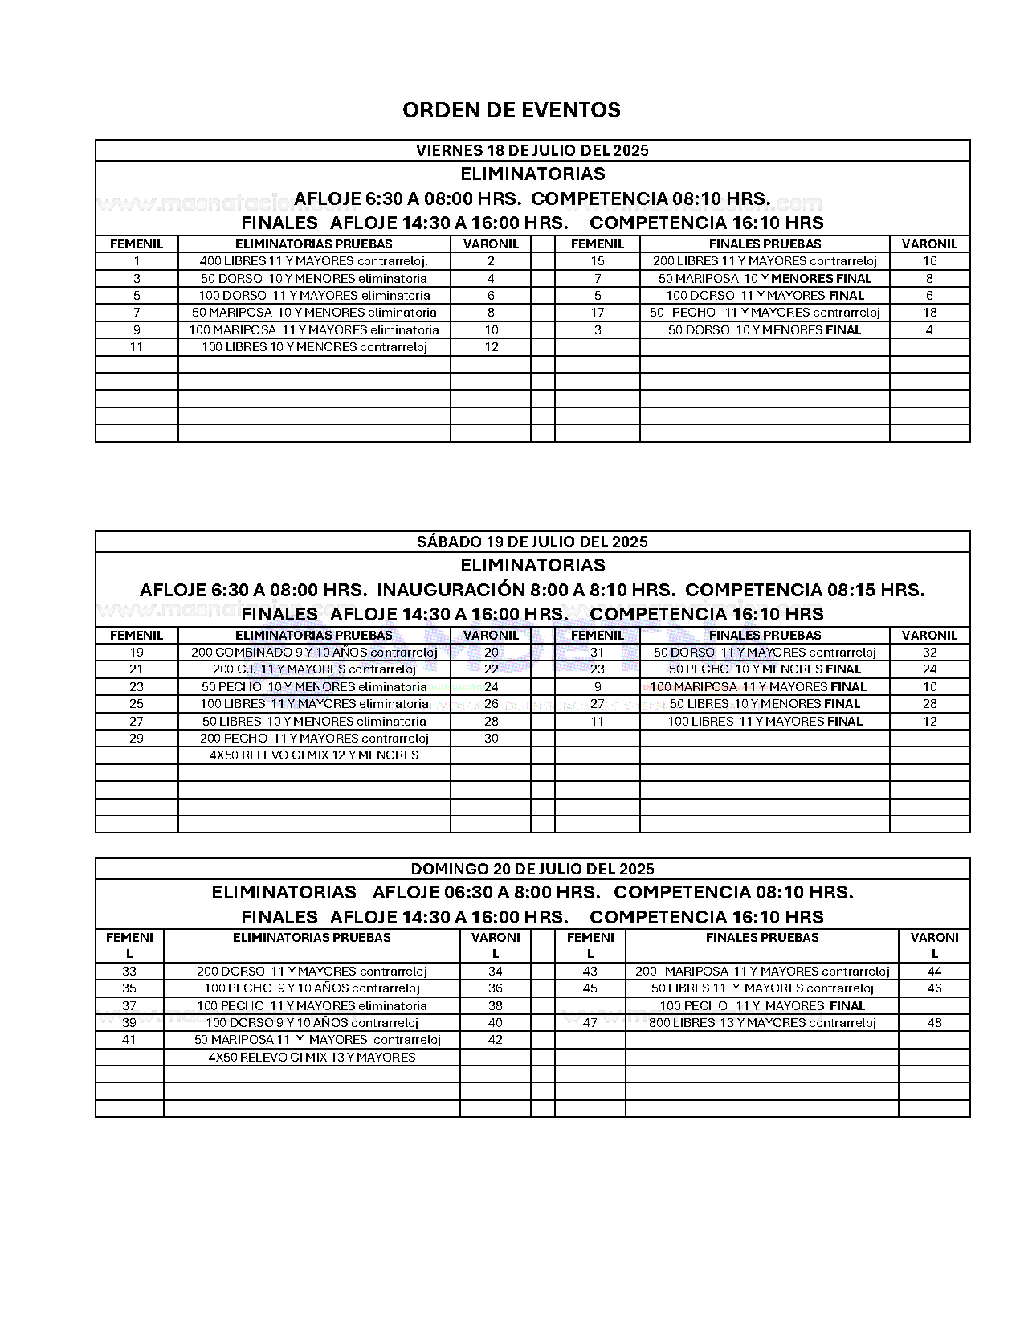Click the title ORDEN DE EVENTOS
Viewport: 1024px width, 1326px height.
tap(512, 110)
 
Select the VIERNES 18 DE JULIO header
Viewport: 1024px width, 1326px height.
tap(532, 150)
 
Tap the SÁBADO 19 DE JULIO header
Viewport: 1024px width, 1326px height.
tap(532, 542)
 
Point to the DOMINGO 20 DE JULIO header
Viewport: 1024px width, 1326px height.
tap(532, 869)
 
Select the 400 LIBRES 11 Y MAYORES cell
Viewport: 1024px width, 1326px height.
tap(314, 261)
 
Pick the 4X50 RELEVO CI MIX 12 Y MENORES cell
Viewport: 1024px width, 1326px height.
tap(314, 755)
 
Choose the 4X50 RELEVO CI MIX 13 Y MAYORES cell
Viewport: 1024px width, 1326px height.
tap(312, 1058)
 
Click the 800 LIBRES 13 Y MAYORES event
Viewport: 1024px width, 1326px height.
tap(761, 1023)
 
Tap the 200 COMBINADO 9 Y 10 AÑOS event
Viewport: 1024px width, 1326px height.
tap(314, 653)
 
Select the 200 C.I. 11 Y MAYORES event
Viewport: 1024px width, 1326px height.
tap(314, 669)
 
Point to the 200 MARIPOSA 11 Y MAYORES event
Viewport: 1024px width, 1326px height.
tap(761, 972)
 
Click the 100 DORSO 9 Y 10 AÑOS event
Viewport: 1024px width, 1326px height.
tap(312, 1023)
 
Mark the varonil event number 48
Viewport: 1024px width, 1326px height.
tap(934, 1023)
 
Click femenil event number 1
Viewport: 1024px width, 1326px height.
tap(137, 261)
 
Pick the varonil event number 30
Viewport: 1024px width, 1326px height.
tap(491, 739)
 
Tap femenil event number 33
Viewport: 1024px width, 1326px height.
tap(129, 972)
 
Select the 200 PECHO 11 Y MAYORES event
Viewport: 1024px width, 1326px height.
tap(314, 739)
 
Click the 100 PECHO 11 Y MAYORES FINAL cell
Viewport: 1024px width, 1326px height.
tap(761, 1006)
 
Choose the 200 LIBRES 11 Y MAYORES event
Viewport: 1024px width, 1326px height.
tap(765, 261)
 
